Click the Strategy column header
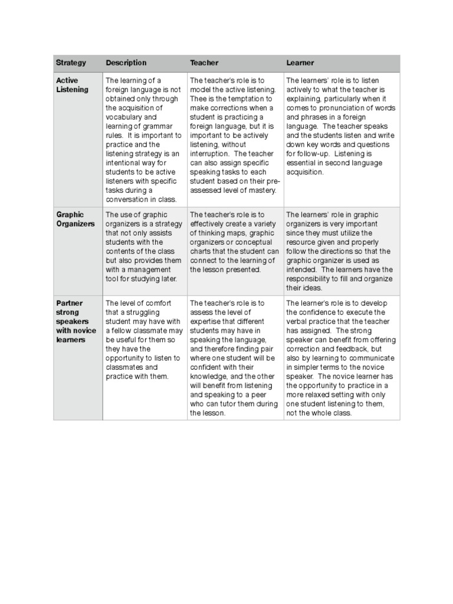pyautogui.click(x=71, y=63)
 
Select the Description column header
pyautogui.click(x=126, y=63)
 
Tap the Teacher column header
pyautogui.click(x=204, y=63)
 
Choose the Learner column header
pyautogui.click(x=300, y=63)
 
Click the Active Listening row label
pyautogui.click(x=72, y=85)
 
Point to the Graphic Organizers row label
pyautogui.click(x=75, y=219)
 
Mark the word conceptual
pyautogui.click(x=252, y=242)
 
